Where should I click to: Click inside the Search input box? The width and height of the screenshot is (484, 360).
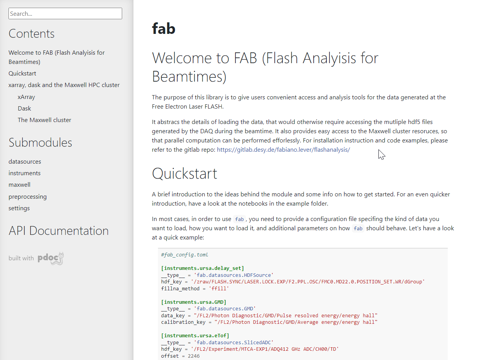[x=65, y=13]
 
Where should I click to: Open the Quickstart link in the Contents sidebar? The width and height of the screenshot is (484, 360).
[x=22, y=73]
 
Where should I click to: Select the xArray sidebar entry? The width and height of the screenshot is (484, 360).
[x=26, y=97]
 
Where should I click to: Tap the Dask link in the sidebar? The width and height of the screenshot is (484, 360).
[x=24, y=108]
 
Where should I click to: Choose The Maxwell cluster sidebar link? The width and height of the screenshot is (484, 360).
[x=44, y=120]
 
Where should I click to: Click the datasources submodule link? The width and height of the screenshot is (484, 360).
[x=25, y=162]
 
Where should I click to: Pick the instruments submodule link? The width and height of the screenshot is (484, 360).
[x=24, y=173]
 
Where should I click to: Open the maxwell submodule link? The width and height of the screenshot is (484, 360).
[x=19, y=185]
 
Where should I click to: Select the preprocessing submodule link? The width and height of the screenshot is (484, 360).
[x=27, y=196]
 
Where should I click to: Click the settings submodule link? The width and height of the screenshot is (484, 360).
[x=19, y=208]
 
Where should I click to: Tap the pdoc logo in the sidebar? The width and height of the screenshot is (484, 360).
[x=50, y=258]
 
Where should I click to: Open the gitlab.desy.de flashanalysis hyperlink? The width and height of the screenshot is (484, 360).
[x=283, y=150]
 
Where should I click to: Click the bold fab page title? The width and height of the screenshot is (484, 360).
[x=163, y=28]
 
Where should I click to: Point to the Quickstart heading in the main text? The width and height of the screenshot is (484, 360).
[x=185, y=174]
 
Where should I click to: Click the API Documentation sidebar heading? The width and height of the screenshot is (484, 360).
[x=59, y=231]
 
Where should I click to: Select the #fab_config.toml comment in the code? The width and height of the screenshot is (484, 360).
[x=185, y=255]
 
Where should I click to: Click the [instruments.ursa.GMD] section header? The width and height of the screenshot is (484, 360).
[x=193, y=302]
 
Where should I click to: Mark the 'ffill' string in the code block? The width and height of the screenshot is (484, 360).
[x=218, y=288]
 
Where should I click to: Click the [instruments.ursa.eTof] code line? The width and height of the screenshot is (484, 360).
[x=195, y=336]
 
